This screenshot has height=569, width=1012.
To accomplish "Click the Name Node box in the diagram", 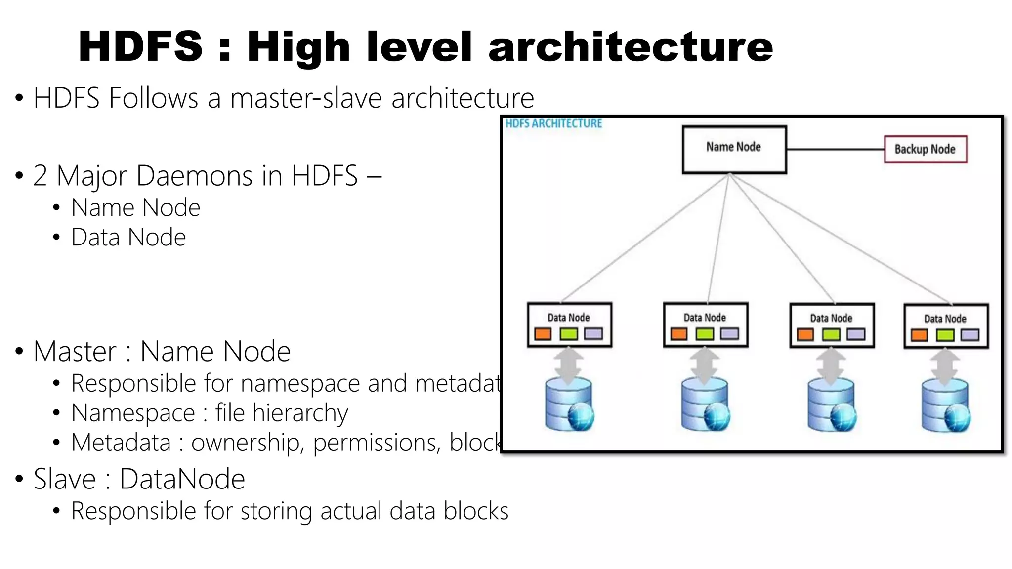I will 734,150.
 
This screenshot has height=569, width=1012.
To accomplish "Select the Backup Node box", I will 925,149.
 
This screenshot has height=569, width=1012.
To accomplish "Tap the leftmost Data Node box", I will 569,325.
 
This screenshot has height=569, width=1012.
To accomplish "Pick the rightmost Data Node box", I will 946,326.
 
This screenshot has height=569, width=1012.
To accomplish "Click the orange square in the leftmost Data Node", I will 543,334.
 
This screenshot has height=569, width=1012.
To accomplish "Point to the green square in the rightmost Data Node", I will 945,336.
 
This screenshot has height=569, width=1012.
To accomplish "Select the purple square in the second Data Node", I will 729,334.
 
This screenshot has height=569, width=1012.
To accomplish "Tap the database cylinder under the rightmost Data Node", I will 945,405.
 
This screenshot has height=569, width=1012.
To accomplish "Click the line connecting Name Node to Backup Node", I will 835,149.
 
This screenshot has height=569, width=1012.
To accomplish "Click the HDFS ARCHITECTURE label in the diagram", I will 553,123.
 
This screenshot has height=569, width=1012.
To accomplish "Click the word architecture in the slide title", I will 631,46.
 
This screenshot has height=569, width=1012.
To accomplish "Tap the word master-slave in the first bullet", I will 306,98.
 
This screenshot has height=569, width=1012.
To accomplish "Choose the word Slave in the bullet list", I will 65,479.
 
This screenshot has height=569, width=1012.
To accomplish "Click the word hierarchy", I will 300,413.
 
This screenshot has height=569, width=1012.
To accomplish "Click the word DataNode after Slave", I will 182,479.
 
